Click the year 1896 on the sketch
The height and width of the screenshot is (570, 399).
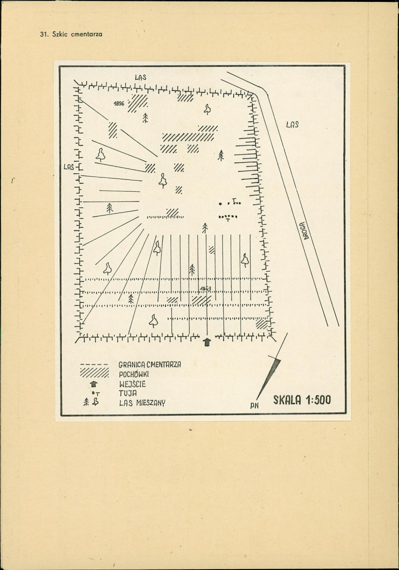click(x=119, y=104)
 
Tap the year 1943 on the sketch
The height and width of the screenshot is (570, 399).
click(x=206, y=289)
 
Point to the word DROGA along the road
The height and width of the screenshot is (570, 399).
click(x=304, y=230)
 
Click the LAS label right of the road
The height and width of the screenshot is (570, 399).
click(x=292, y=125)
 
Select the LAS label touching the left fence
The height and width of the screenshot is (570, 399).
click(x=69, y=167)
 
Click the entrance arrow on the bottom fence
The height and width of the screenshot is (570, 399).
click(x=207, y=342)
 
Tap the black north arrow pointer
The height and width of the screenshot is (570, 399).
click(x=269, y=378)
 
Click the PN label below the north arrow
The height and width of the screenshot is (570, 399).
click(x=254, y=406)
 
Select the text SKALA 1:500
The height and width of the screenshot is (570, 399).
click(x=302, y=400)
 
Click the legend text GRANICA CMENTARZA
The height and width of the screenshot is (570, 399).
click(x=150, y=364)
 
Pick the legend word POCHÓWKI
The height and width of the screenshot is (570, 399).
click(x=134, y=374)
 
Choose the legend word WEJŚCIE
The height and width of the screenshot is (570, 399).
click(x=132, y=384)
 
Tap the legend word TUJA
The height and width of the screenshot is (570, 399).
click(x=128, y=393)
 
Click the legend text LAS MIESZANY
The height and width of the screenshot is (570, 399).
click(x=142, y=403)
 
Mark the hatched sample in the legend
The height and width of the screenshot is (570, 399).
click(x=94, y=372)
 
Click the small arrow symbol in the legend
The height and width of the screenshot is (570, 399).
click(x=94, y=383)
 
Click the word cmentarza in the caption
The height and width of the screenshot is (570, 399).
click(x=87, y=35)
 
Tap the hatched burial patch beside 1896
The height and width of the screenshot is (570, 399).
click(x=138, y=103)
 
